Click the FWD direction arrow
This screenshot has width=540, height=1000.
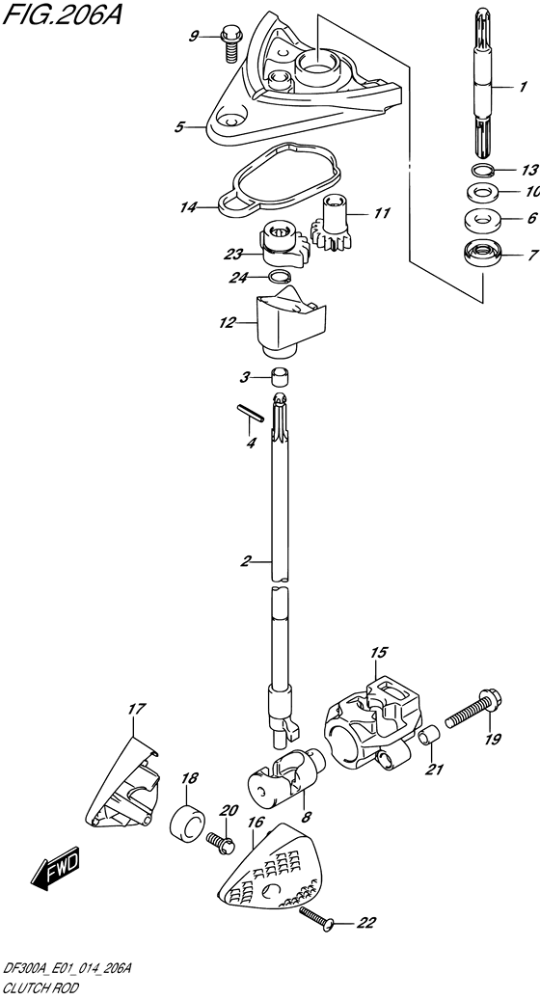(56, 868)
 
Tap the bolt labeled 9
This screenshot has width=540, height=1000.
(229, 44)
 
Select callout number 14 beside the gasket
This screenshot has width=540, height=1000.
(188, 207)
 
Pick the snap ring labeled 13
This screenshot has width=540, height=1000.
(482, 171)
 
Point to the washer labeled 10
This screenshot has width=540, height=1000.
(482, 191)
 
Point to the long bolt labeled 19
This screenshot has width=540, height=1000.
(473, 712)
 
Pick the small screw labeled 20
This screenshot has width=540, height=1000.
(219, 843)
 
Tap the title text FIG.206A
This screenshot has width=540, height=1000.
(61, 14)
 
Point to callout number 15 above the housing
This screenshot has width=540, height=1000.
(378, 653)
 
